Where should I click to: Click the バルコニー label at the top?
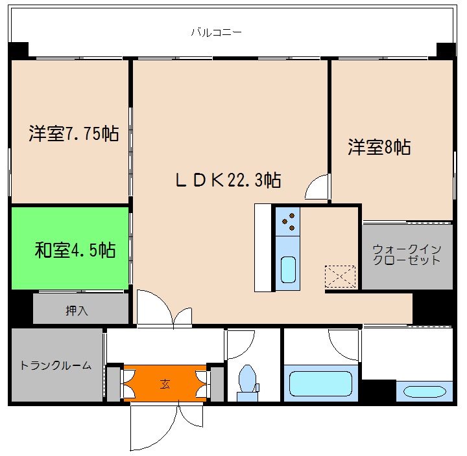click(216, 31)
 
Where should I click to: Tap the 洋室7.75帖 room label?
click(73, 134)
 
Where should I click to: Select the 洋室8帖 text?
click(379, 148)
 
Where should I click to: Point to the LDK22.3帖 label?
click(228, 180)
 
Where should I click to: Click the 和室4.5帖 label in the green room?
click(75, 249)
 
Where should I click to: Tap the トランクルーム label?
click(56, 365)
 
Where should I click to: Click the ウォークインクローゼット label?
click(407, 255)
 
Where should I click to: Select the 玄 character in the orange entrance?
click(165, 382)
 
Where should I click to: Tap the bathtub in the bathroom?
click(320, 382)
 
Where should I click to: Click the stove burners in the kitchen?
click(288, 222)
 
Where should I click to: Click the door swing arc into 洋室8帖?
click(317, 187)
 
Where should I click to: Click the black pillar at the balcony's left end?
click(19, 50)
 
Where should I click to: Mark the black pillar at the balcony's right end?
click(446, 50)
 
